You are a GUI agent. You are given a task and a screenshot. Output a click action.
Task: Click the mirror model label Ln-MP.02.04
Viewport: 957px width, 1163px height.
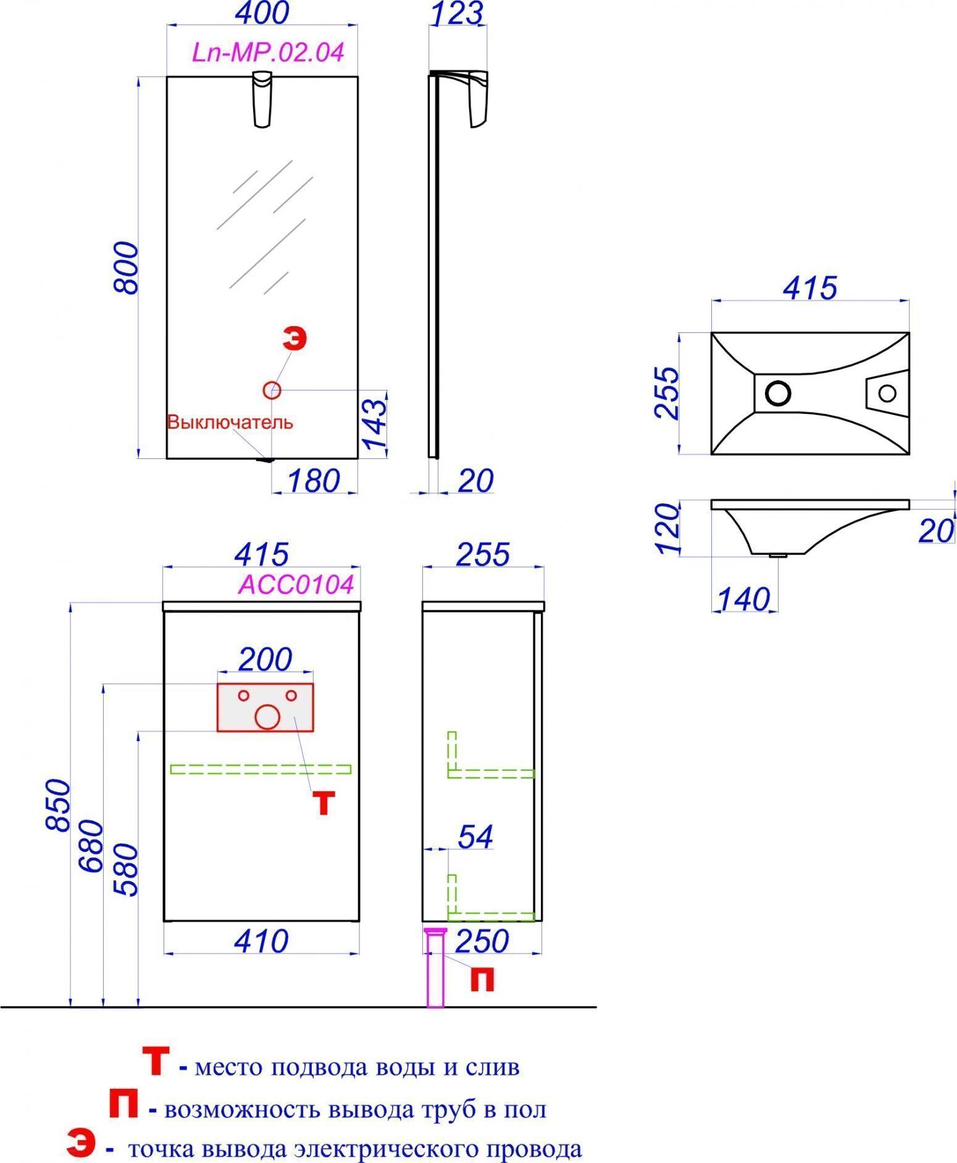point(268,52)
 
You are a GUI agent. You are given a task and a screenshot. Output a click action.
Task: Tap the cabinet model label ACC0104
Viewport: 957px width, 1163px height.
point(296,584)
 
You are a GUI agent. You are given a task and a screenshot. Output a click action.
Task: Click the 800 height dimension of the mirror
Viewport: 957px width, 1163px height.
point(127,267)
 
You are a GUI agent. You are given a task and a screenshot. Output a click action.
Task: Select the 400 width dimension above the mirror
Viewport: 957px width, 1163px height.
point(263,13)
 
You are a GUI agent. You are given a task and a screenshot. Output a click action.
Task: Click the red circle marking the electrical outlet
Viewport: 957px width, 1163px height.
point(272,390)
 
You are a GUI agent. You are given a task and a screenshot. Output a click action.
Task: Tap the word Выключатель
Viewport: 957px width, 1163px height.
point(230,422)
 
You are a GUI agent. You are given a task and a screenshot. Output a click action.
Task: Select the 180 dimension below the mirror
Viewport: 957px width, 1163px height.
point(314,481)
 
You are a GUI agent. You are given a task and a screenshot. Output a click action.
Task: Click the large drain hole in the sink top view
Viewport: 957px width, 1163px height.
point(778,392)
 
